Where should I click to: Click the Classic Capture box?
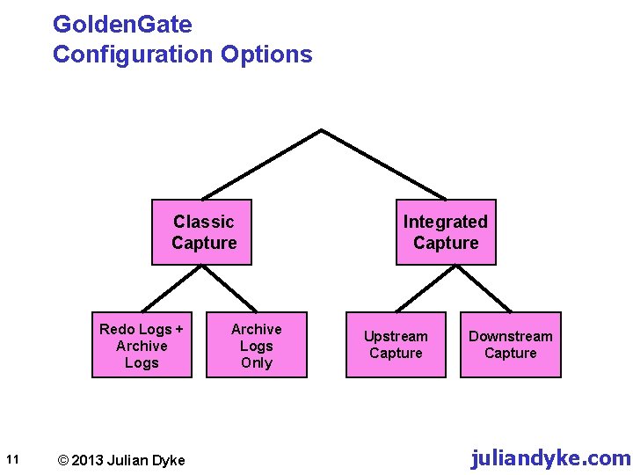tap(202, 232)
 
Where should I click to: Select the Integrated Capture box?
tap(445, 232)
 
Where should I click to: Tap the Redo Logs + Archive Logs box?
tap(142, 345)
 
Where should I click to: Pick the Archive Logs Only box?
tap(257, 345)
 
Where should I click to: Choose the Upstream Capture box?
tap(396, 345)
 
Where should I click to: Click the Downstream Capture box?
tap(510, 345)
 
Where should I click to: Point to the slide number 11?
tap(12, 458)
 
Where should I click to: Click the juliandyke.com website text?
tap(550, 457)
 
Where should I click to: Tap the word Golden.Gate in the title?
tap(122, 24)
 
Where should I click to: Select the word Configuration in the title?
tap(132, 55)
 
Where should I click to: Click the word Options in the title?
tap(266, 55)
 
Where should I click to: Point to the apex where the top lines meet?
tap(322, 131)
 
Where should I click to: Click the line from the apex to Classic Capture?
tap(262, 165)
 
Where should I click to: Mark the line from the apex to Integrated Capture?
tap(383, 165)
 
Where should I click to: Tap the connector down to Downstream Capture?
tap(485, 289)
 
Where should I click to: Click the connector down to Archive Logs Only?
tap(231, 289)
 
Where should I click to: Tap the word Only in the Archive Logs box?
tap(257, 362)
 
